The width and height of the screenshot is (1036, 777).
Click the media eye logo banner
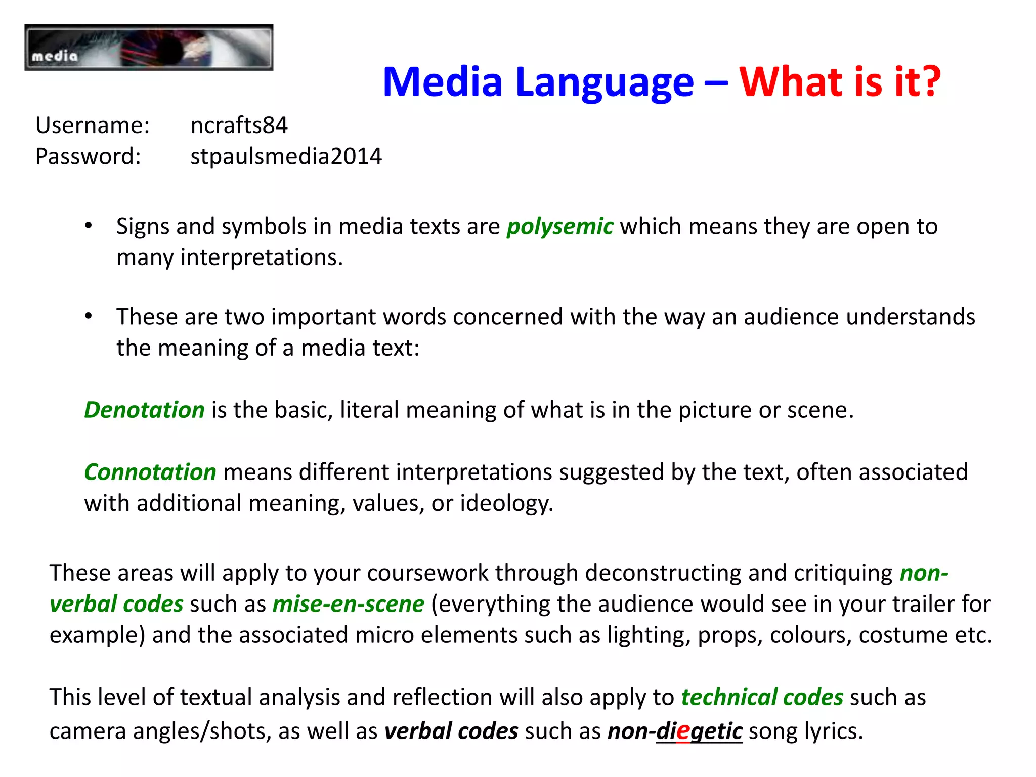[149, 48]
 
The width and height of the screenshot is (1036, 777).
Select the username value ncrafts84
[239, 125]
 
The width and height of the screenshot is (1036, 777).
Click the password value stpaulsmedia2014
[286, 156]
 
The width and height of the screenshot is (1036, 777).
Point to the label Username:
[93, 125]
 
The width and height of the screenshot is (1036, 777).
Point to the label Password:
[88, 156]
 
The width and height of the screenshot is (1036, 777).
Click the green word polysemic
[560, 226]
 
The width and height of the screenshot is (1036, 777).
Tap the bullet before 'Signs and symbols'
[89, 226]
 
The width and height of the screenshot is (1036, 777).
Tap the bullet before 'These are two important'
[89, 316]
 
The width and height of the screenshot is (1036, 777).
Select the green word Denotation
[144, 410]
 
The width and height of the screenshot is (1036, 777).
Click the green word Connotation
[150, 472]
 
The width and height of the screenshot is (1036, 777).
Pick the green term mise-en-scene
[348, 604]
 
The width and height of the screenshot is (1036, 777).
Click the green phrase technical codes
[762, 697]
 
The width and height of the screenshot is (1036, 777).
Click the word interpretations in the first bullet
[262, 257]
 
